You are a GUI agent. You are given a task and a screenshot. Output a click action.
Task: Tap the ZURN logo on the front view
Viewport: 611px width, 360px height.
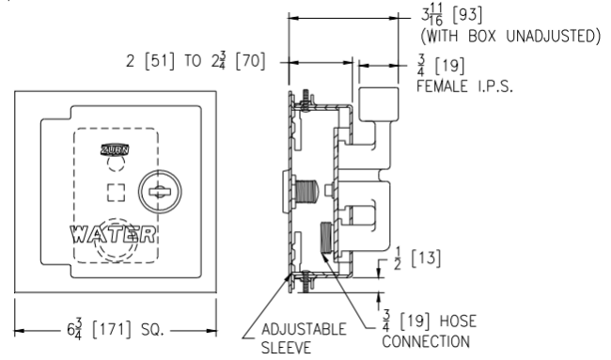114,149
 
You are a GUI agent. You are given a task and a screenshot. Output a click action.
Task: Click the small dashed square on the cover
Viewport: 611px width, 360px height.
117,193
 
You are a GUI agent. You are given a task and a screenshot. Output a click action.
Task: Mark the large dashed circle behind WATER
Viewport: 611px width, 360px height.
117,240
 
